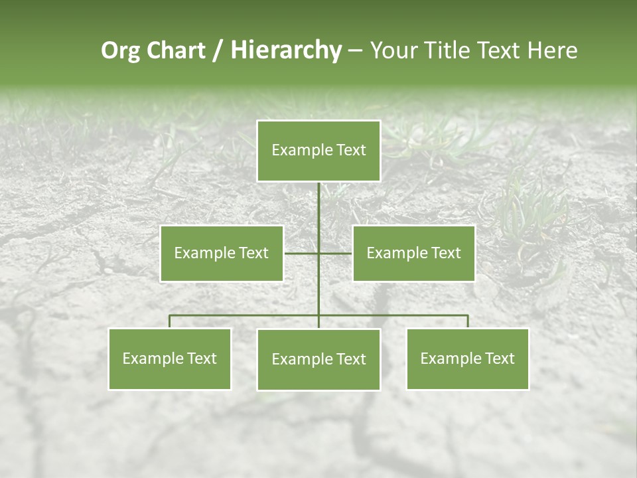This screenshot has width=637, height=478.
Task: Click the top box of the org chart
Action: [318, 151]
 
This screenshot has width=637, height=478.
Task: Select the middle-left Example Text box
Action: [222, 253]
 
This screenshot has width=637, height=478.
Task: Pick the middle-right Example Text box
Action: [413, 253]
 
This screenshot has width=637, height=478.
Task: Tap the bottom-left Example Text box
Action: [170, 358]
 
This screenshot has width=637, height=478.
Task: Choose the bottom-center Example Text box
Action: [318, 359]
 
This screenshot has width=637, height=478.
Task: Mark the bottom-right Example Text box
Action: [467, 358]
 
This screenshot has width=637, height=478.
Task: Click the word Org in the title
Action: [120, 51]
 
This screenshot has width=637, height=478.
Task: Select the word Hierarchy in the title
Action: [286, 50]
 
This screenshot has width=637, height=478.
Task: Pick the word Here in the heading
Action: [552, 50]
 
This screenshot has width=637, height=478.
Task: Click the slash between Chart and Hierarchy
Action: [217, 51]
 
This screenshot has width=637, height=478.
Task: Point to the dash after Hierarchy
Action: [355, 51]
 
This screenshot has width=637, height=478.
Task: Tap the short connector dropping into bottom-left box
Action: [170, 321]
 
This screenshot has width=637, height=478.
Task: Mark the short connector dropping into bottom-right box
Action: [468, 321]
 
